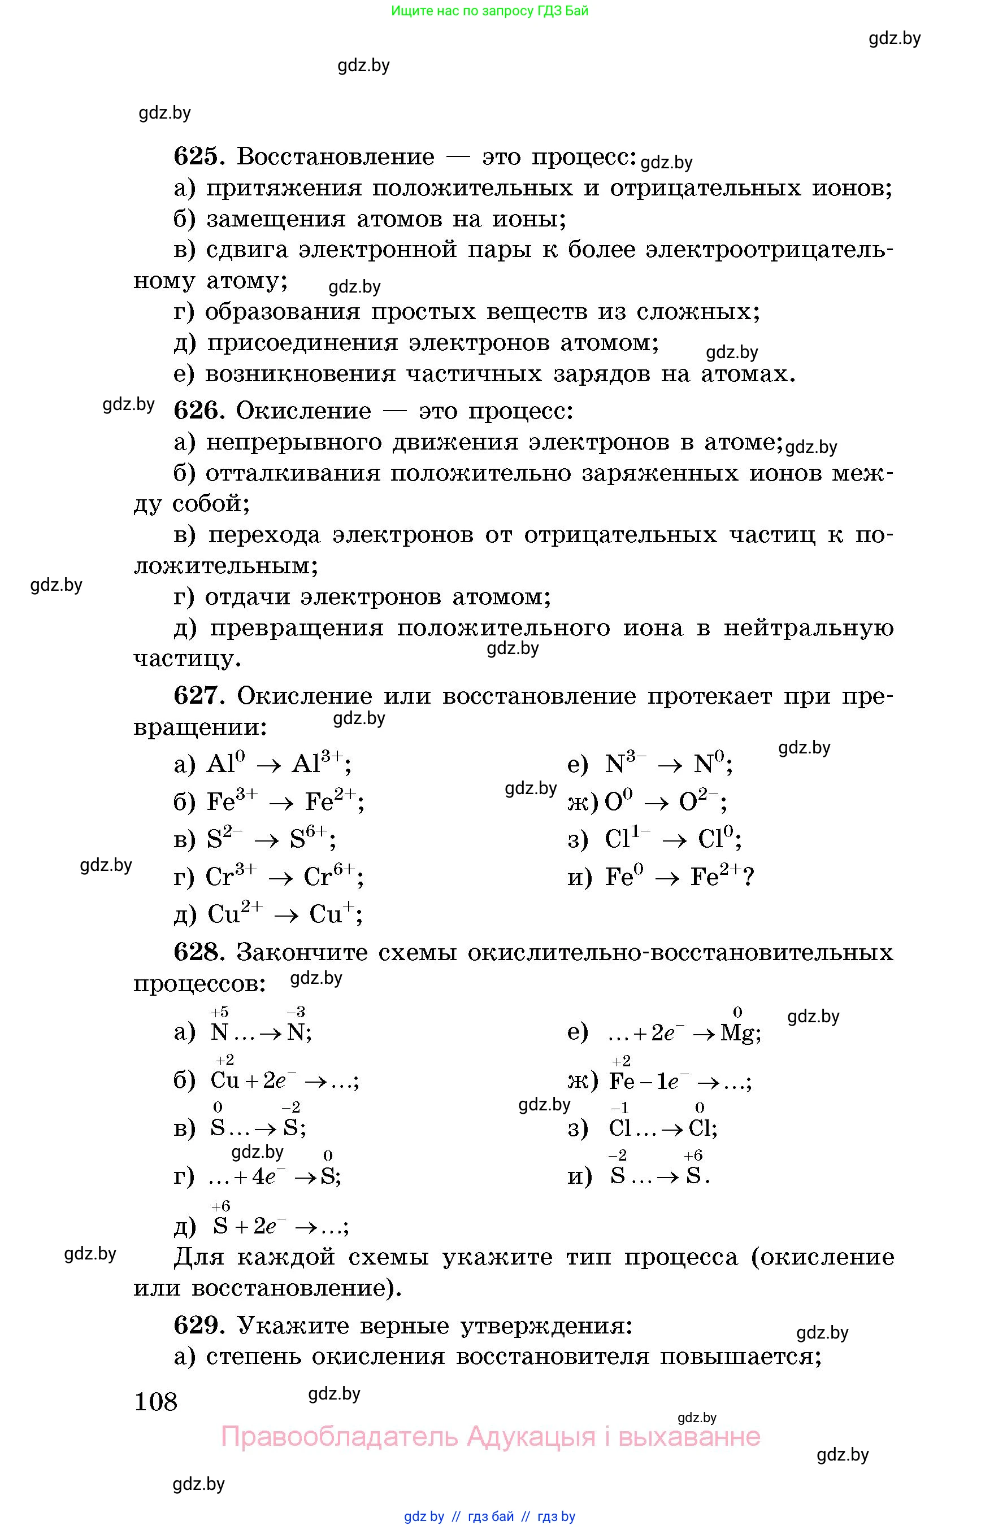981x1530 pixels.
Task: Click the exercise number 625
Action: [x=197, y=156]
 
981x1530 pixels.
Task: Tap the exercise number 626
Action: [x=197, y=411]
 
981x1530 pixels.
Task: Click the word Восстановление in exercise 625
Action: [x=336, y=156]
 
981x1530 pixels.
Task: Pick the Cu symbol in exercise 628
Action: [x=224, y=1080]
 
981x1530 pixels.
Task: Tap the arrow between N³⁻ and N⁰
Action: [x=670, y=765]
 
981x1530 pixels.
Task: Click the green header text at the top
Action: [x=489, y=11]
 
